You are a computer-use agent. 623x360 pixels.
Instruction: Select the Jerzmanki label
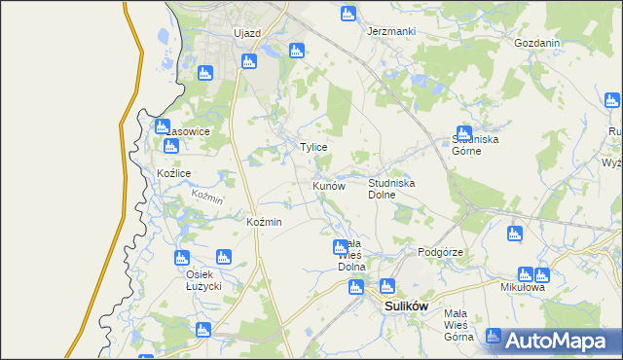coord(391,31)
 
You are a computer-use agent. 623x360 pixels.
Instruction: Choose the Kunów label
coord(328,185)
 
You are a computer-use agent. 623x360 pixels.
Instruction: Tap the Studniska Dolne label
coord(392,189)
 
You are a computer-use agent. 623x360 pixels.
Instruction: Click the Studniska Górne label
coord(475,145)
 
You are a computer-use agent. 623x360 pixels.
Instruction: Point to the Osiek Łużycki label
coord(205,280)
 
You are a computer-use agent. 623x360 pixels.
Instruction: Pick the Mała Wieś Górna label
coord(458,325)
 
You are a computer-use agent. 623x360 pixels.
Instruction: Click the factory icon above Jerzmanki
coord(348,14)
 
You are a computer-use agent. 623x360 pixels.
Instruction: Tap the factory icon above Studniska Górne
coord(464,133)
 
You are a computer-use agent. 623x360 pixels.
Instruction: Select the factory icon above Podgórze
coord(515,234)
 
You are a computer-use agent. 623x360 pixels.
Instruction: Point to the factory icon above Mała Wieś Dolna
coord(340,247)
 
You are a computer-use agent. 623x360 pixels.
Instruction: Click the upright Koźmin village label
coord(265,223)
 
